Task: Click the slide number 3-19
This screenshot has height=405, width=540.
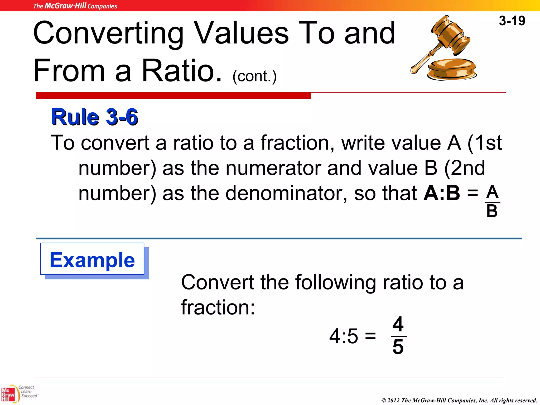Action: pos(512,21)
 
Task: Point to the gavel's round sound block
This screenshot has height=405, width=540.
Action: pos(452,69)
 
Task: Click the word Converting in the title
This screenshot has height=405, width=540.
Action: pos(108,33)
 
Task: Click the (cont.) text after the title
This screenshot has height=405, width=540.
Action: pos(254,76)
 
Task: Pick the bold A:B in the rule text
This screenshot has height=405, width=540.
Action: pos(442,193)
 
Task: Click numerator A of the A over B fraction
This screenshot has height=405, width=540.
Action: pos(492,192)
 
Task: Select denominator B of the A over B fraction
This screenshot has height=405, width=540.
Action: pos(492,211)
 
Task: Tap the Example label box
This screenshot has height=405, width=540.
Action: pos(92,259)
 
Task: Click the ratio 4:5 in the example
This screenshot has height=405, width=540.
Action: pos(344,336)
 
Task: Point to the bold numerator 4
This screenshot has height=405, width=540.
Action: pos(398,324)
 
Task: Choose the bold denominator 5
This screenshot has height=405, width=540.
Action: pos(398,347)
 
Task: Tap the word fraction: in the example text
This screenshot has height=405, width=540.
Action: pos(218,307)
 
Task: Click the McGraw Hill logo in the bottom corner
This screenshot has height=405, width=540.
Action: pos(8,394)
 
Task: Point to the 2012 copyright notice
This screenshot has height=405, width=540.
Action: pos(459,400)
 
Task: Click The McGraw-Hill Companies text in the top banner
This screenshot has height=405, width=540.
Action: pos(75,6)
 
